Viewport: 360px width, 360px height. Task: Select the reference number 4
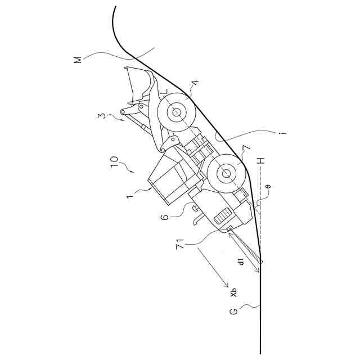(x=194, y=83)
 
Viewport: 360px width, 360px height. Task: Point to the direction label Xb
(x=233, y=294)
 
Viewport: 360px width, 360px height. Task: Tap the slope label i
(x=285, y=133)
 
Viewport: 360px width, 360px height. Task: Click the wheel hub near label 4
(x=176, y=112)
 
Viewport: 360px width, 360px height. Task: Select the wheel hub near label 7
(x=226, y=174)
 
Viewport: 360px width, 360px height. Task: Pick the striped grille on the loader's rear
(x=223, y=215)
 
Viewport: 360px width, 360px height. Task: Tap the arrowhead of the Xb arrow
(x=226, y=284)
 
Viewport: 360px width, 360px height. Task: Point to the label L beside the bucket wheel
(x=164, y=93)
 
